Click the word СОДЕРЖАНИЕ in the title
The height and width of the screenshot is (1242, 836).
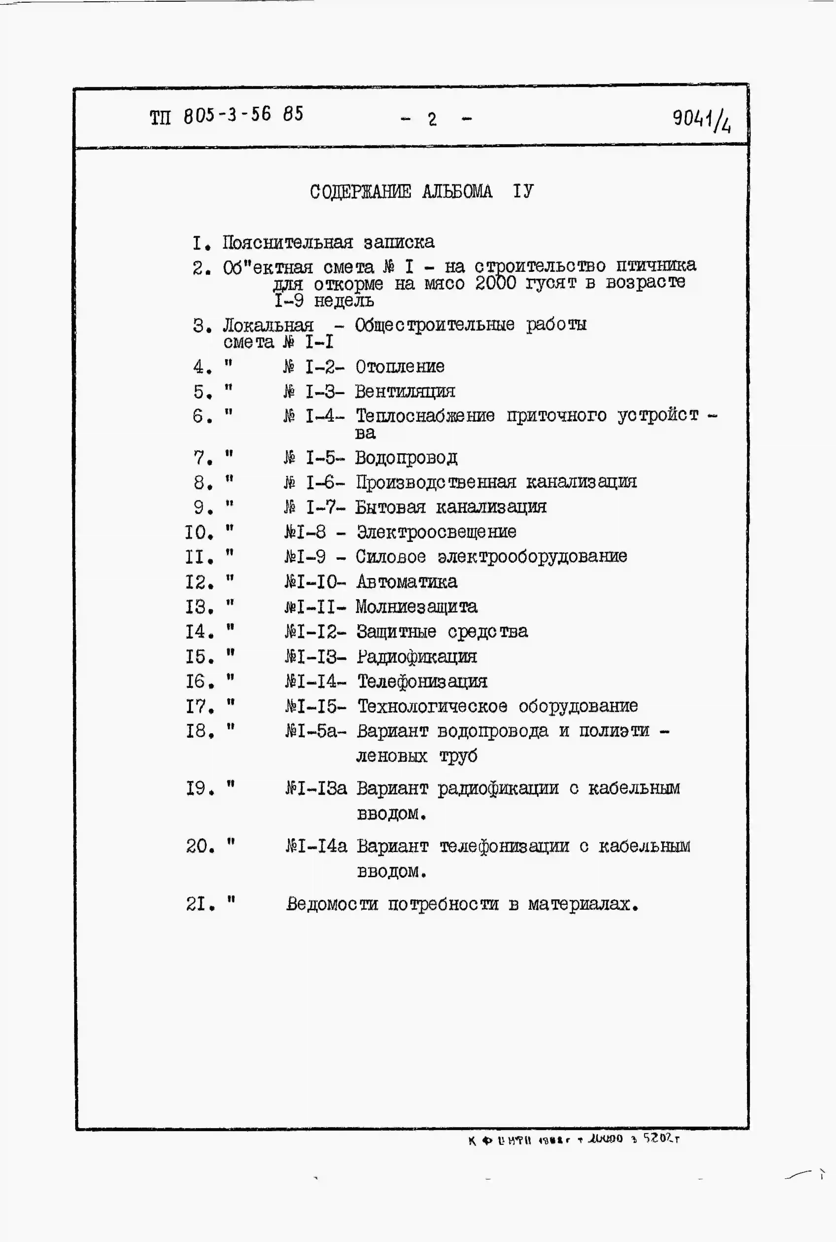[360, 191]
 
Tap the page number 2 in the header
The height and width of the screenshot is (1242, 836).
[432, 119]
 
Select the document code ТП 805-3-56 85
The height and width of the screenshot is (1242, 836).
[226, 115]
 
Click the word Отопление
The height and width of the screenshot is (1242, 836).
[400, 367]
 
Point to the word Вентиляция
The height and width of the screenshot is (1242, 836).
[405, 392]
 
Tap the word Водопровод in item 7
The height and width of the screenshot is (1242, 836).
[406, 457]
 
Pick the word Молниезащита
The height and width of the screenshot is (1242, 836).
[417, 607]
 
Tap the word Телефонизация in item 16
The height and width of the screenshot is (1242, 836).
[422, 681]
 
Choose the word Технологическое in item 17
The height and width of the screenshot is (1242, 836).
[432, 706]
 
